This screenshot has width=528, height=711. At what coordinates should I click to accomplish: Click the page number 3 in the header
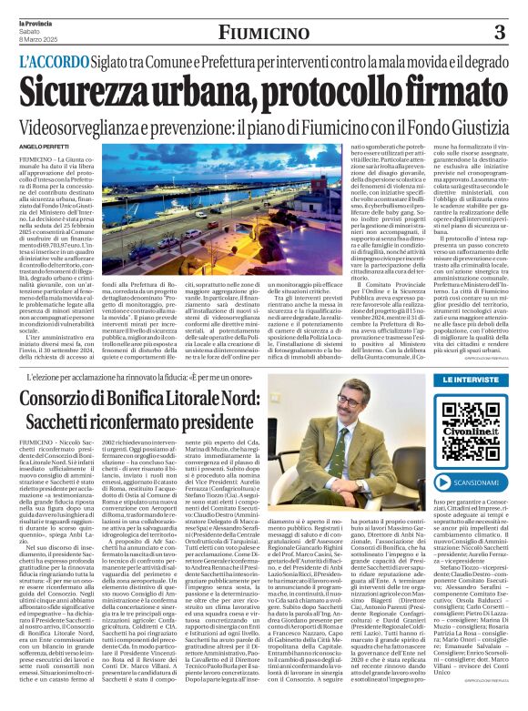[498, 34]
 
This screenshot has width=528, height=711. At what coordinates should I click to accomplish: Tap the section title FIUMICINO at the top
[263, 33]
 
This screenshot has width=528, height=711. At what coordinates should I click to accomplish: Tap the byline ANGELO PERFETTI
[44, 145]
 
